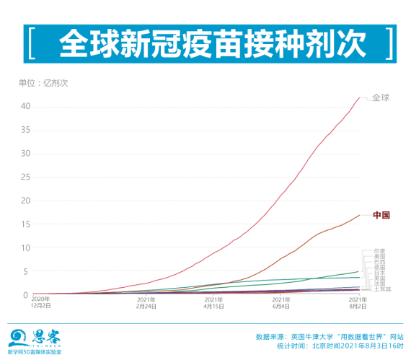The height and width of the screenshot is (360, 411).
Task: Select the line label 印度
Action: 379,251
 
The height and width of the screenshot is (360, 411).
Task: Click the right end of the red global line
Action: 360,97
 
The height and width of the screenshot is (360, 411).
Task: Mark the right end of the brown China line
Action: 360,215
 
